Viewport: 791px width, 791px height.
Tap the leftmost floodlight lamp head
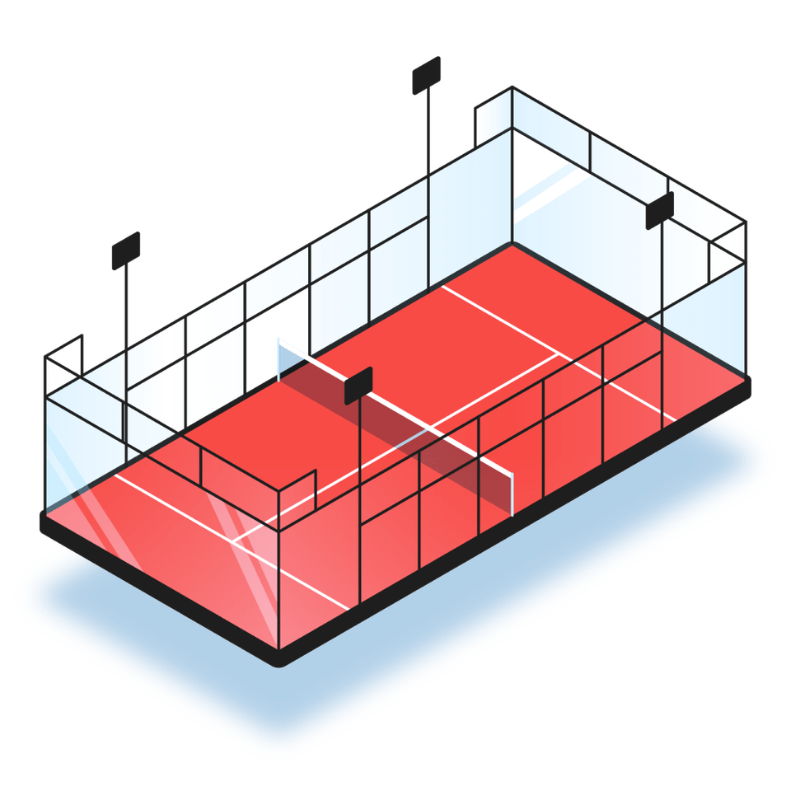(126, 249)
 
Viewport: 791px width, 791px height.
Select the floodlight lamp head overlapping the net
(358, 385)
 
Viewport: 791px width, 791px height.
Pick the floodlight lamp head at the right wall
(659, 210)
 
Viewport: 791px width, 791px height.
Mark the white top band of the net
(395, 405)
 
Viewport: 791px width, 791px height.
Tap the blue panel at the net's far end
(288, 359)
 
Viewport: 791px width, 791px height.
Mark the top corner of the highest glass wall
(512, 87)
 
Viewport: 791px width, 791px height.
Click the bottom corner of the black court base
(280, 659)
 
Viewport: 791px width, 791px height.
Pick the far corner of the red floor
(511, 244)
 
